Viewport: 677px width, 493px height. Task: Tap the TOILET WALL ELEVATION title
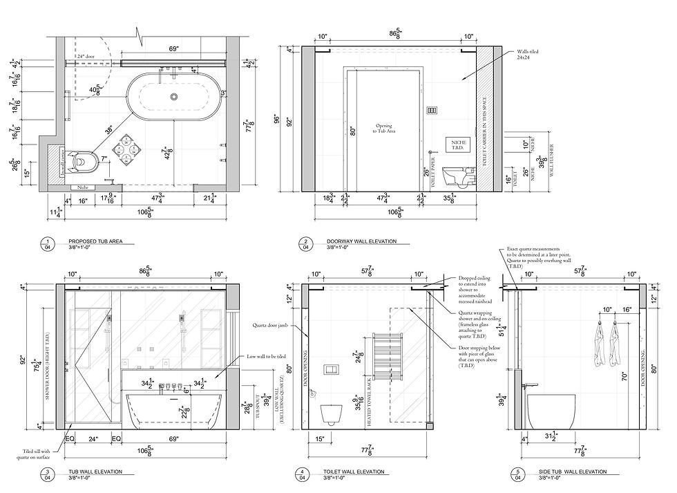coord(355,472)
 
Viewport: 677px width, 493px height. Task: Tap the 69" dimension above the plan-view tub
coord(173,49)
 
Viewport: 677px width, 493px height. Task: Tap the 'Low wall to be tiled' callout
coord(266,356)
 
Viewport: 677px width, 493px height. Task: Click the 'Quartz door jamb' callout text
coord(265,324)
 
